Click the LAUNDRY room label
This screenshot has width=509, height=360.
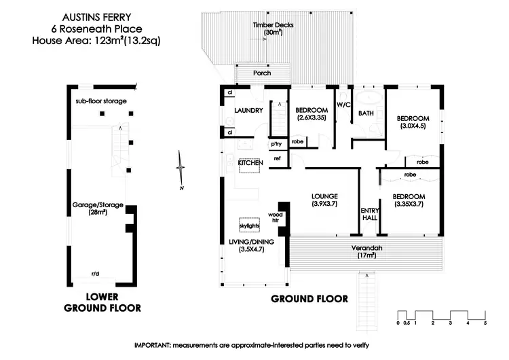point(248,111)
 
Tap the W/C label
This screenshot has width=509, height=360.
point(343,105)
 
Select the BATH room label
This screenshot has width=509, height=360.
point(366,113)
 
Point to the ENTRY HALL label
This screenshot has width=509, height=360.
point(370,214)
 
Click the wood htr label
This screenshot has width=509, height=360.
point(276,217)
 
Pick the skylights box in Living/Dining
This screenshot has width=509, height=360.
point(249,225)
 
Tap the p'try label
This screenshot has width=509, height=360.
point(276,144)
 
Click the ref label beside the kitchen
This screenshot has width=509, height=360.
point(277,158)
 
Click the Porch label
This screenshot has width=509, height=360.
point(262,73)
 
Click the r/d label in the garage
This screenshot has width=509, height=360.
point(96,274)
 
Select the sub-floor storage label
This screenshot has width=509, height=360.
point(101,101)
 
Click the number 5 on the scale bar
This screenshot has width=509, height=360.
point(485,323)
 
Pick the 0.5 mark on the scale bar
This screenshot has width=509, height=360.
point(407,323)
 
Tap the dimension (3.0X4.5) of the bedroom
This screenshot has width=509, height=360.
point(413,126)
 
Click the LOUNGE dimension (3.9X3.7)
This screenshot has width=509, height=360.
point(324,204)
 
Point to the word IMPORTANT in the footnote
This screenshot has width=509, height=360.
point(152,345)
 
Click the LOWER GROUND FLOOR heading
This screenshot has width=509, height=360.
point(102,302)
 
